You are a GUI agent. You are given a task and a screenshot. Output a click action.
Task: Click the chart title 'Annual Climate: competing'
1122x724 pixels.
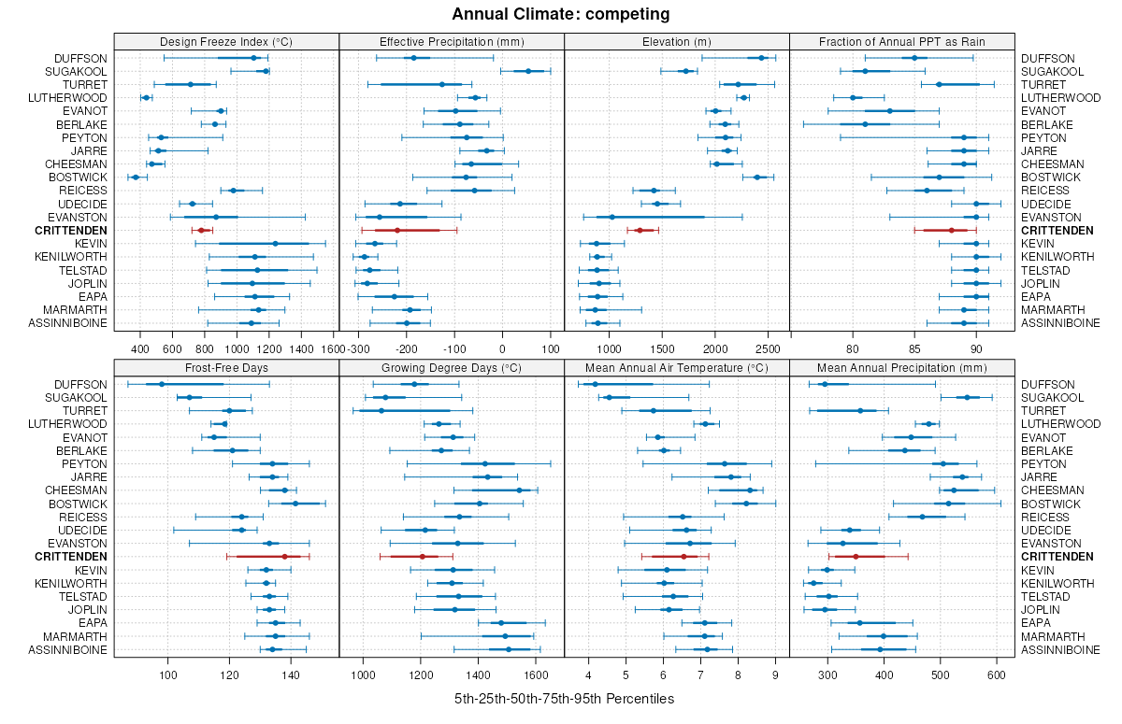(x=560, y=14)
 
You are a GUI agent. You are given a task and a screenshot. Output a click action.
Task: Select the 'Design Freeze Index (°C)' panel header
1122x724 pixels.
(x=226, y=41)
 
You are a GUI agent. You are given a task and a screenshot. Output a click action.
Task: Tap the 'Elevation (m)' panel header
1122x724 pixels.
(x=677, y=41)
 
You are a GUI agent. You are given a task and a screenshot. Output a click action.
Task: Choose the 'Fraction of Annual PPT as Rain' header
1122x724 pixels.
(x=901, y=41)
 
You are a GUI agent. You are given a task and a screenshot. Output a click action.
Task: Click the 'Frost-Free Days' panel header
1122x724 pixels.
(x=226, y=367)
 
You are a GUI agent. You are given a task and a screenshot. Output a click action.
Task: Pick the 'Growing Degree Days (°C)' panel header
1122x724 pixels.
(x=452, y=367)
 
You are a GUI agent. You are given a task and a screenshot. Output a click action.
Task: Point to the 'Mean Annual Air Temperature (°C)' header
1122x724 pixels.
(x=677, y=367)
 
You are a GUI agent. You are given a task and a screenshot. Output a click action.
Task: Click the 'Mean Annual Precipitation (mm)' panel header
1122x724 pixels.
(x=901, y=367)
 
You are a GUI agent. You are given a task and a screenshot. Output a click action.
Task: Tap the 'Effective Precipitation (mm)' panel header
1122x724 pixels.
(x=452, y=41)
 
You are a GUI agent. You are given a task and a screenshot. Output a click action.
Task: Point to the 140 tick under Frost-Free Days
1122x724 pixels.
(x=291, y=675)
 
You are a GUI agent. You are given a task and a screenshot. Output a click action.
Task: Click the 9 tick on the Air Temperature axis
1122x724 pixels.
(x=775, y=675)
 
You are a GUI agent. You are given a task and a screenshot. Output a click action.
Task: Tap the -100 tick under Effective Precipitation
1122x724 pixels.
(x=454, y=349)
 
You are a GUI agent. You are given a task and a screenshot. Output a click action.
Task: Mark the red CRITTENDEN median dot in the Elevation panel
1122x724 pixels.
(x=640, y=230)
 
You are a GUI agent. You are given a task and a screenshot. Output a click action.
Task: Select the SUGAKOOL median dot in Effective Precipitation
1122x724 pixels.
(x=528, y=71)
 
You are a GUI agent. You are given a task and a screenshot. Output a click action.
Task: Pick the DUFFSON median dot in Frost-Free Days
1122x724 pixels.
(x=161, y=384)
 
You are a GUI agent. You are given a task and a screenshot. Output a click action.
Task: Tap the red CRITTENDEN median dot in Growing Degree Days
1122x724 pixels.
(x=422, y=557)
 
